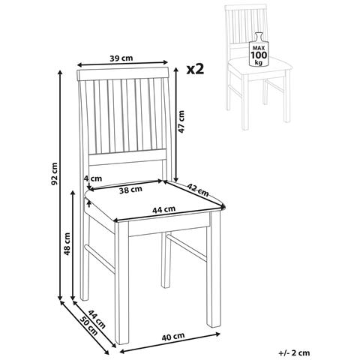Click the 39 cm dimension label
pos(121,58)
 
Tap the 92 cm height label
pos(54,174)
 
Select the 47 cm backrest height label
pos(181,121)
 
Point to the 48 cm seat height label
pos(67,244)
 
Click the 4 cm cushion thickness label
pos(93,178)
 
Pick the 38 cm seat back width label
pos(130,190)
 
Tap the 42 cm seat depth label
pos(198,190)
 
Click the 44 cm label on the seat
pos(164,209)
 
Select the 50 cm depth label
pos(88,325)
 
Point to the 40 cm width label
pos(173,337)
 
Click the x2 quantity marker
pos(195,69)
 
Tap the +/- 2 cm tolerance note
pos(294,352)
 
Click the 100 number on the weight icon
pos(259,55)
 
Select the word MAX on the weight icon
pos(259,47)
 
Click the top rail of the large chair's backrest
pos(123,74)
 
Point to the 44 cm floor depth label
pos(97,319)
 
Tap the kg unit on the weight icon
pos(259,62)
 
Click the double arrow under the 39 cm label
pos(122,64)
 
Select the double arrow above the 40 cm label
pos(170,343)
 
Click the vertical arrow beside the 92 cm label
pos(60,185)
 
